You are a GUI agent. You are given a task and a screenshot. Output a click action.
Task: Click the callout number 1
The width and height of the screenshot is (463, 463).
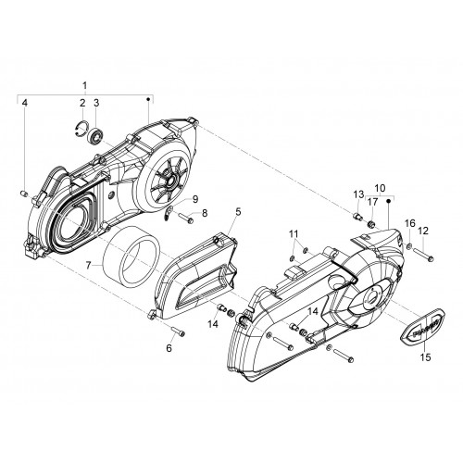pyautogui.click(x=85, y=85)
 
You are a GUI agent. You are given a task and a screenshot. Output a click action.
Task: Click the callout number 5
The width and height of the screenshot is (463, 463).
pyautogui.click(x=238, y=212)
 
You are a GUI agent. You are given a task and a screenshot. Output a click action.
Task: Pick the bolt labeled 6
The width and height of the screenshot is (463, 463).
pyautogui.click(x=178, y=332)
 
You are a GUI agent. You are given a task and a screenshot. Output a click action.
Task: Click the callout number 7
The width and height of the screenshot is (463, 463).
pyautogui.click(x=88, y=266)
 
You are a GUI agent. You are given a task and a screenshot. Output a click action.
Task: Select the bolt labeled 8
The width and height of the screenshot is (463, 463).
pyautogui.click(x=185, y=219)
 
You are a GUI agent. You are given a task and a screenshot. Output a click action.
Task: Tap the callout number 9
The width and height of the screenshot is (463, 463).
pyautogui.click(x=194, y=200)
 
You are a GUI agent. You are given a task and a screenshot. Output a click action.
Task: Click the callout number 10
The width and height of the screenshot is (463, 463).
pyautogui.click(x=381, y=188)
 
